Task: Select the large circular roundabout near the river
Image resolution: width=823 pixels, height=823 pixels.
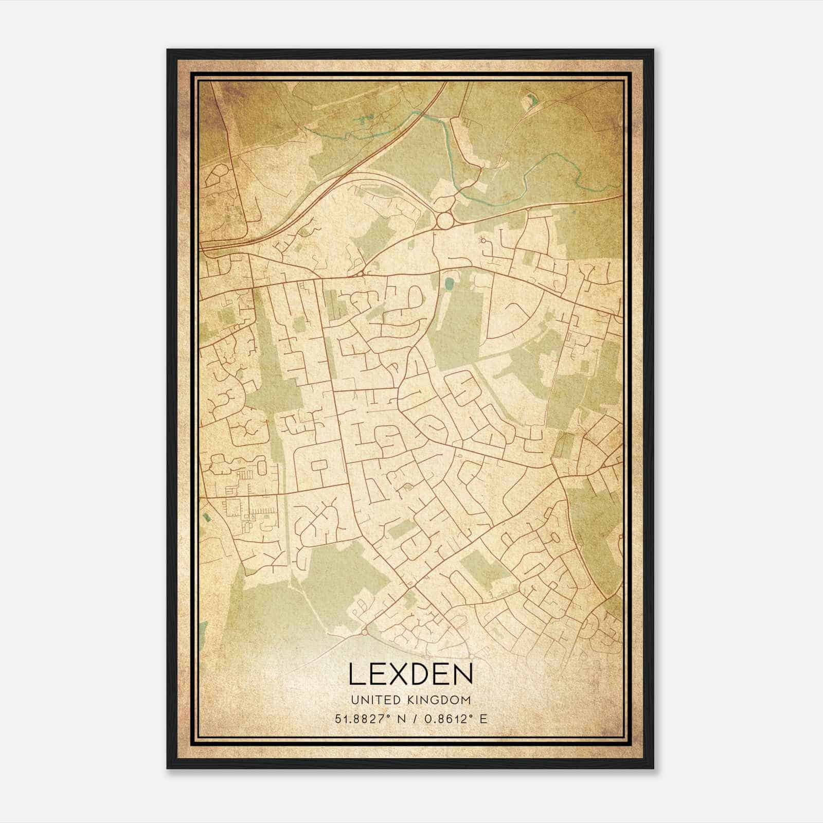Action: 444,222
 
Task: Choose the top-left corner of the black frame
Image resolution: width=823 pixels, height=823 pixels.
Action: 168,50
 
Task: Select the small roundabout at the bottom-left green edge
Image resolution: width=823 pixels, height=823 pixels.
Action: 364,632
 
